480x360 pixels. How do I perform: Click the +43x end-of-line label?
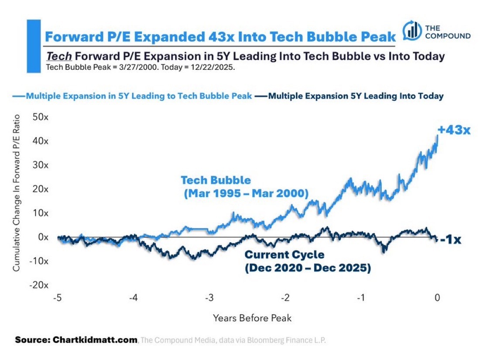click(x=454, y=130)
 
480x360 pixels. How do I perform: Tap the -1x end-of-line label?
click(x=450, y=239)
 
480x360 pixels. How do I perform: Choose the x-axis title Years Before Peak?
click(x=252, y=318)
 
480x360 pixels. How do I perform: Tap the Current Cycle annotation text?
click(x=308, y=261)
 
